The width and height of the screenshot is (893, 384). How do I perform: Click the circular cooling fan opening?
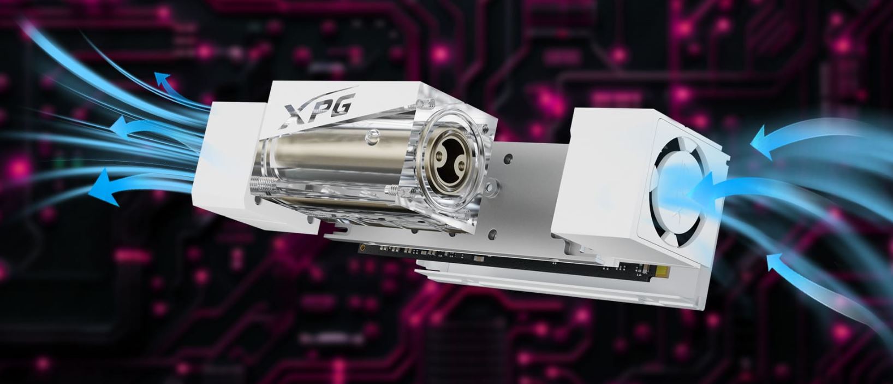tap(678, 191)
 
